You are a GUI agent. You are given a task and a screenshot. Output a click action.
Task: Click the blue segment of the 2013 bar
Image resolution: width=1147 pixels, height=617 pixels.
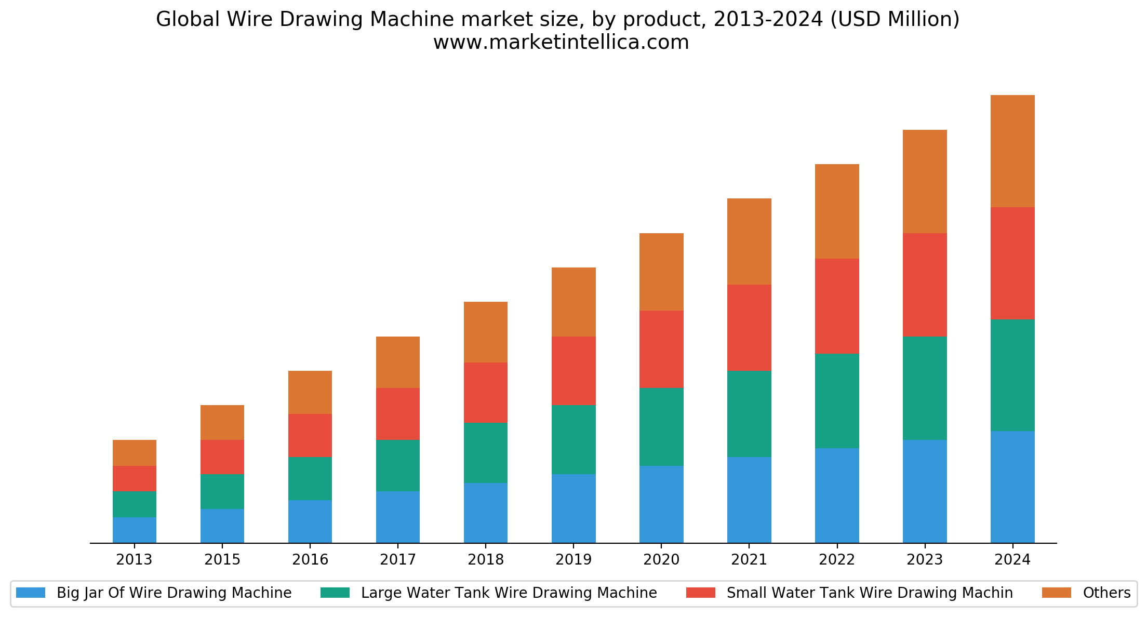(x=135, y=530)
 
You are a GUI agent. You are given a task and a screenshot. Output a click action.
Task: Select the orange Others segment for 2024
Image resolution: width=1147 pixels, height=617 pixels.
(x=1012, y=151)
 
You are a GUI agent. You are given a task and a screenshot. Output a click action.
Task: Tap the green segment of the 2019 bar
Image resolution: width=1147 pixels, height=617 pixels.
(x=573, y=439)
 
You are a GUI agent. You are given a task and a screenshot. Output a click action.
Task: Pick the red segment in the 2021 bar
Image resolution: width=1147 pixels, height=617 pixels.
(x=749, y=327)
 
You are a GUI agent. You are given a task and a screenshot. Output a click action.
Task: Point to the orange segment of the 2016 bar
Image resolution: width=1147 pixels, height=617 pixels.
(x=310, y=392)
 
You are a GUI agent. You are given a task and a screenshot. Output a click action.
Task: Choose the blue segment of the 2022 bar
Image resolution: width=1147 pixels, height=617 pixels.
(x=837, y=495)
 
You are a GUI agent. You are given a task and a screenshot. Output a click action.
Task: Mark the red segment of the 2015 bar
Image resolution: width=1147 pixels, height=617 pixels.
(x=222, y=457)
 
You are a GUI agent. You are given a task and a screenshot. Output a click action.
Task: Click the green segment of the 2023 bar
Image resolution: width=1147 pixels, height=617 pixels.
(x=925, y=388)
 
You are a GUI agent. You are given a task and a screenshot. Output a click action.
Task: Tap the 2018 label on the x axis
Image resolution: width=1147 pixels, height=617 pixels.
(x=486, y=560)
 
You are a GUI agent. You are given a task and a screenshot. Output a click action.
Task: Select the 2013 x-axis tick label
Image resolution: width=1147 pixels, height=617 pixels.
(x=135, y=560)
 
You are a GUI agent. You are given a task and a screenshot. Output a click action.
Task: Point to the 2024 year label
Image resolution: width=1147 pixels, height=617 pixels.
(x=1012, y=560)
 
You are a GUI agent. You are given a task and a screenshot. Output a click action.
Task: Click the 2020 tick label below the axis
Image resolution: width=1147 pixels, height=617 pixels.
(x=661, y=560)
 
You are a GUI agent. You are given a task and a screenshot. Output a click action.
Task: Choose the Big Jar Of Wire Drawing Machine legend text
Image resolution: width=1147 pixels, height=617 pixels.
(x=174, y=593)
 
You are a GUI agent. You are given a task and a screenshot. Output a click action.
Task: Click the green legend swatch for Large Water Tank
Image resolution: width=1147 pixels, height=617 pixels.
(x=335, y=593)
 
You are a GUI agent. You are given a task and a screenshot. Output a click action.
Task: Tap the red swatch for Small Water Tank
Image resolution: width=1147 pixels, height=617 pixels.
(x=701, y=593)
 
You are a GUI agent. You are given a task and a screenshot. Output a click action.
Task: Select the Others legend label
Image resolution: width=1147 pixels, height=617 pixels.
(x=1106, y=593)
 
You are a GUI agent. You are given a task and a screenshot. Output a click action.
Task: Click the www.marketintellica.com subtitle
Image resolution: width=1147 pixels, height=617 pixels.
(x=561, y=42)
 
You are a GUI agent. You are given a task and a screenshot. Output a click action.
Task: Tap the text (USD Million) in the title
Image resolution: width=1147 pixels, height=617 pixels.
(x=895, y=19)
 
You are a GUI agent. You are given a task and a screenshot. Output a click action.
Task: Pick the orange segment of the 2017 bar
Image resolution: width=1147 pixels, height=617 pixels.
(x=398, y=362)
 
